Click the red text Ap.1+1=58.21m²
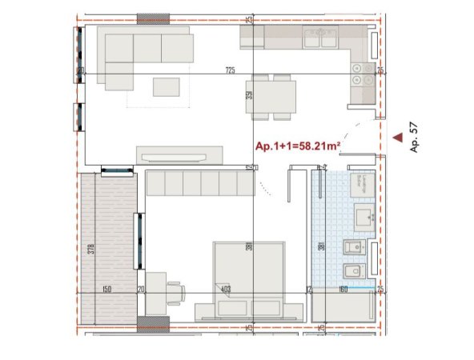[x=297, y=146]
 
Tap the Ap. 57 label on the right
[x=414, y=138]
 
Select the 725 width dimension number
[x=230, y=71]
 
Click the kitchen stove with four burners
[x=361, y=74]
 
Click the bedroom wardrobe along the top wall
[x=199, y=184]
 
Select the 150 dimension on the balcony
[x=106, y=290]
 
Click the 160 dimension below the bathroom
[x=342, y=290]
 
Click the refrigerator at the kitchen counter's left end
[x=251, y=37]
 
